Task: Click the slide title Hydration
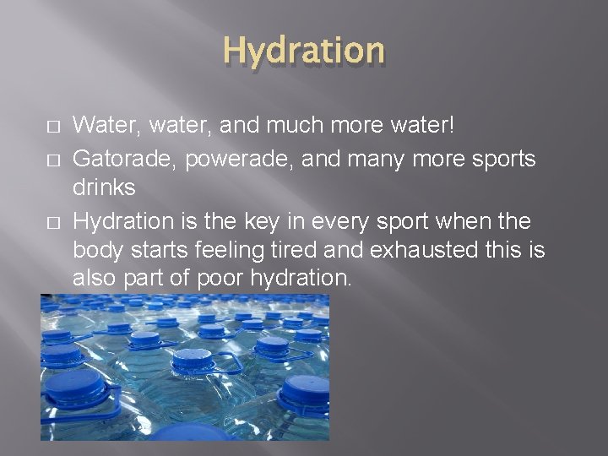304,52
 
